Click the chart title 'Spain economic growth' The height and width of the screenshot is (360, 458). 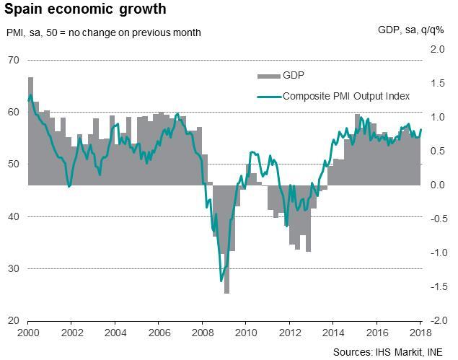pos(86,10)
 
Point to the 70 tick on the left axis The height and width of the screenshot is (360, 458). pos(13,60)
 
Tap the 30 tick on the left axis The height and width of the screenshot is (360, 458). pos(13,268)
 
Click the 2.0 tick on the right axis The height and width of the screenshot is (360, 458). pos(436,49)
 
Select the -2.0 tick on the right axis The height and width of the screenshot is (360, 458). pos(435,320)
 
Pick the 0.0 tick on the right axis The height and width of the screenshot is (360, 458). pos(436,185)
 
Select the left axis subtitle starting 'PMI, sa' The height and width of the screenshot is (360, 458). pos(104,32)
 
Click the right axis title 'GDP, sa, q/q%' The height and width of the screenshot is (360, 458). pos(411,30)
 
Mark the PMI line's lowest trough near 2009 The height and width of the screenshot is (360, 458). pos(221,281)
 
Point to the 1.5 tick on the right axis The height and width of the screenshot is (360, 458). pos(436,83)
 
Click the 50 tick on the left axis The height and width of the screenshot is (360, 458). pos(13,164)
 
